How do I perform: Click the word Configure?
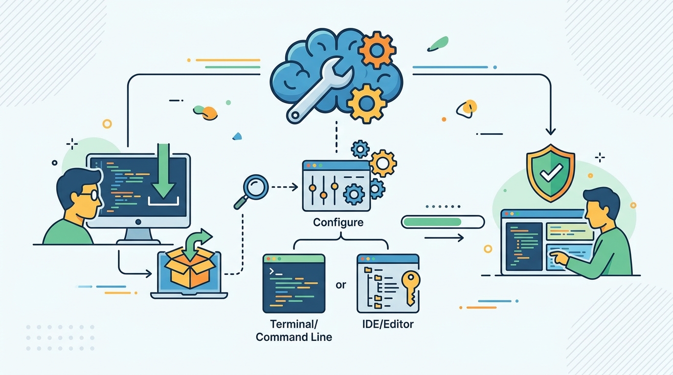point(338,223)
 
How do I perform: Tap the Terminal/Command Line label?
point(294,330)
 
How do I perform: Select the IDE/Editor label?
point(388,324)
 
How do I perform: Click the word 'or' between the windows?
point(341,285)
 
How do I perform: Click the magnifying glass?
point(251,191)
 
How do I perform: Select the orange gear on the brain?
point(377,51)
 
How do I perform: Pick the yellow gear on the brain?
point(366,104)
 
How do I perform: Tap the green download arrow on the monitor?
point(163,171)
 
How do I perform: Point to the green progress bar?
point(433,222)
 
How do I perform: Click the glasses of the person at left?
point(89,195)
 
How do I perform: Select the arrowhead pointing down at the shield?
point(550,132)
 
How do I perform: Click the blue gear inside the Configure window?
point(354,194)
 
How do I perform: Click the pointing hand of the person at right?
point(560,258)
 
